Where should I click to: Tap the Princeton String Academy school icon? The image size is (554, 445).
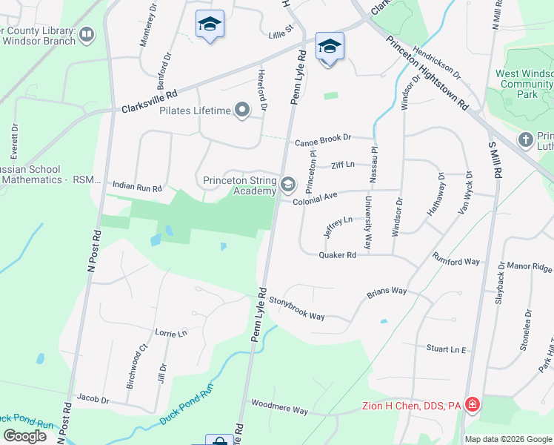pos(287,183)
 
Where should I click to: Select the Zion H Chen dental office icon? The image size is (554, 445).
pos(473,406)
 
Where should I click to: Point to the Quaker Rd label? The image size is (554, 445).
pos(338,255)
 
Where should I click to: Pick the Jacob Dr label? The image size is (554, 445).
pos(93,400)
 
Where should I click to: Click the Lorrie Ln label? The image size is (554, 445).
pos(171,334)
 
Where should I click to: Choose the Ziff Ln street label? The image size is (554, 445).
pos(343,165)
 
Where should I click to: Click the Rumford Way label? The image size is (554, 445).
pos(457,262)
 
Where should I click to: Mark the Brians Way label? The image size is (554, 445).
pos(387,292)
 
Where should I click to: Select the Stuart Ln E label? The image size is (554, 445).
pos(446,348)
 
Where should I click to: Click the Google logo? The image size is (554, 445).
pos(24,436)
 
